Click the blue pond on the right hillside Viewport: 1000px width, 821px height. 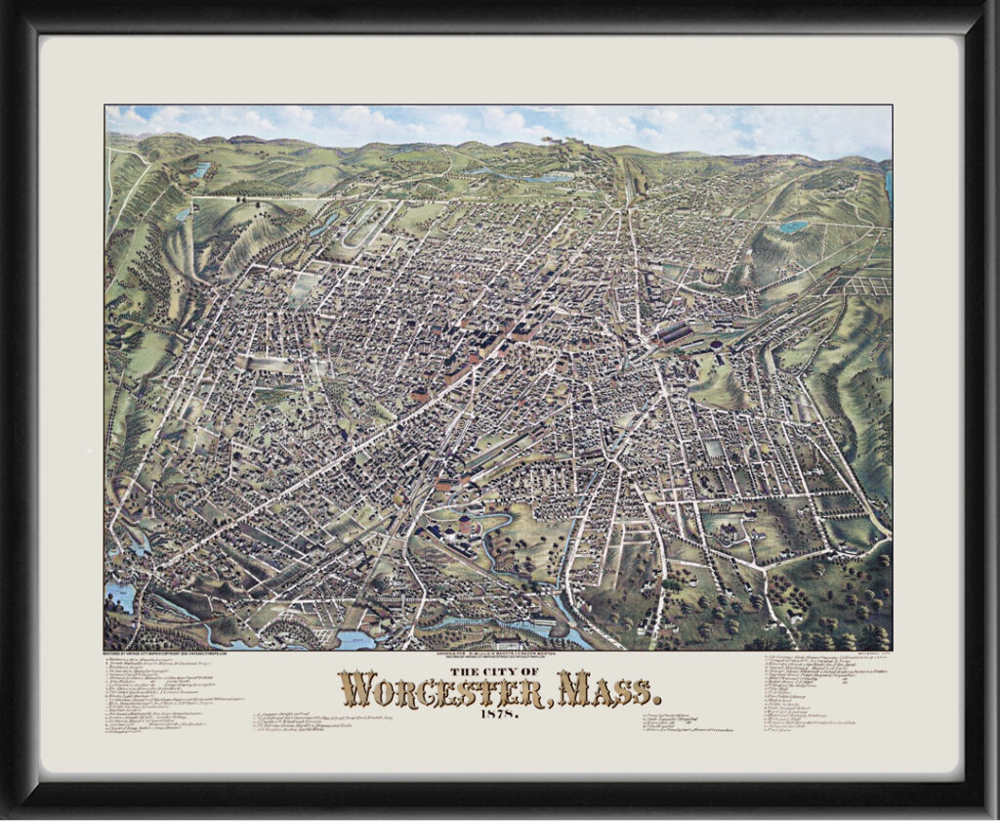pos(793,226)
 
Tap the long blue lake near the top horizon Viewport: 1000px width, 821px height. pos(518,177)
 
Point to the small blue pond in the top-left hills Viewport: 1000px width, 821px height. pos(201,170)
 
